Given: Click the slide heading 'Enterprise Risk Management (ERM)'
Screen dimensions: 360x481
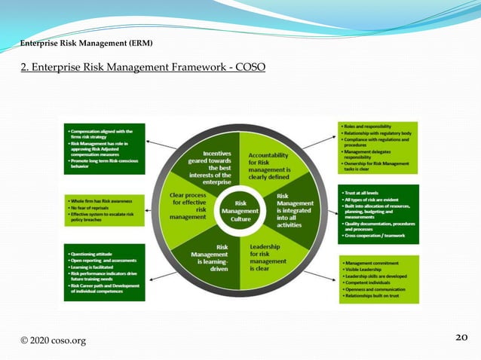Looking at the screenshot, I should tap(87, 43).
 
